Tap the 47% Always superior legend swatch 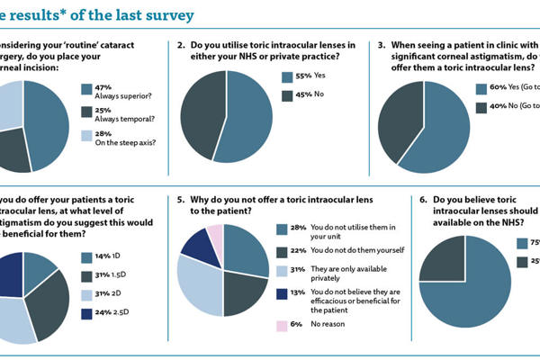pos(86,88)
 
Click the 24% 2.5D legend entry pos(103,314)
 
